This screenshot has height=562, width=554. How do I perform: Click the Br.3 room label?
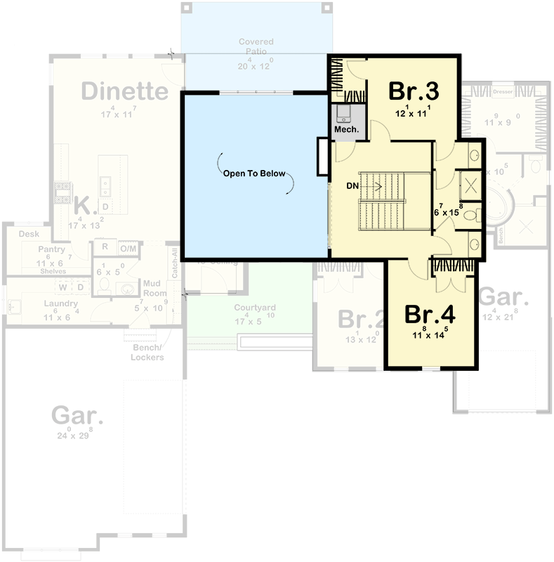pos(414,92)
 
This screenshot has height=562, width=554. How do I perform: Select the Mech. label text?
pos(347,129)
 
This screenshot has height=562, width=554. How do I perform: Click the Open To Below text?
pos(255,174)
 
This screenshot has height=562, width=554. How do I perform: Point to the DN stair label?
pos(353,186)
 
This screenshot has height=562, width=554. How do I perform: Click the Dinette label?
pos(125,91)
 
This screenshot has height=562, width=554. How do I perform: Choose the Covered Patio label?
pos(255,47)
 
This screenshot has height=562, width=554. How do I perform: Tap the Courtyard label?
pos(255,308)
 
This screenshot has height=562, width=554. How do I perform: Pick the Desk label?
pos(29,234)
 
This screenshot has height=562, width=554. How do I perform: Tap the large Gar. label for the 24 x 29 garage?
pos(77,416)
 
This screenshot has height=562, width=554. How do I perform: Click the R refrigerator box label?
pos(104,247)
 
